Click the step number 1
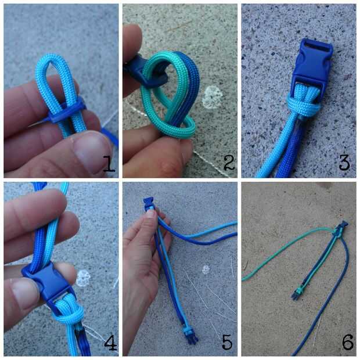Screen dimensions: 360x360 pos(109,164)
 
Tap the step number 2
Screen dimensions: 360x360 pos(229,163)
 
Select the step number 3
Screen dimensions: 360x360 pos(344,162)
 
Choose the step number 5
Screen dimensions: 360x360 pos(227,342)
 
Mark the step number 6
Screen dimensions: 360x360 pos(348,342)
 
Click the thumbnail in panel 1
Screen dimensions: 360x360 pos(91,153)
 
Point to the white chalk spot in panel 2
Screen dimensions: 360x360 pos(213,97)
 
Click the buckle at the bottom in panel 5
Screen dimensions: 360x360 pos(189,336)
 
